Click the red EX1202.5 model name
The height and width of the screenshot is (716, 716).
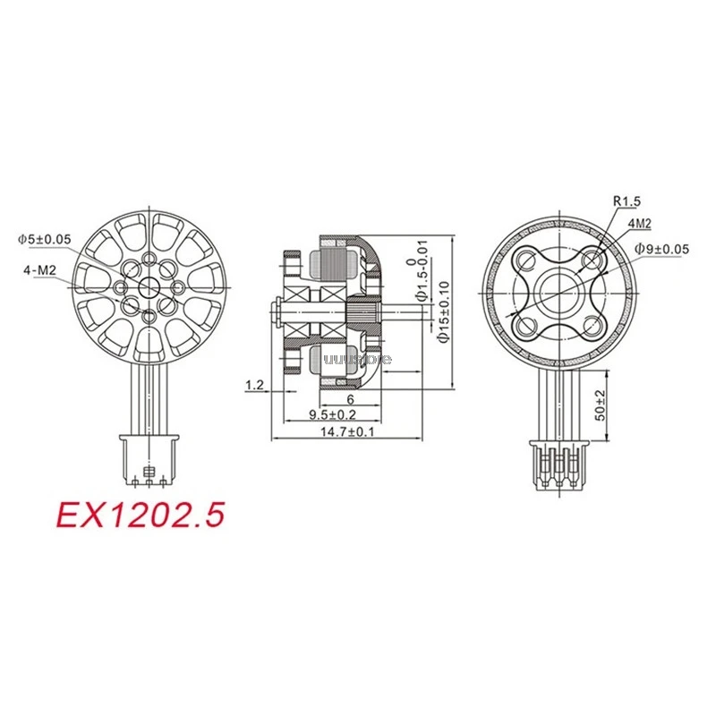click(140, 514)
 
